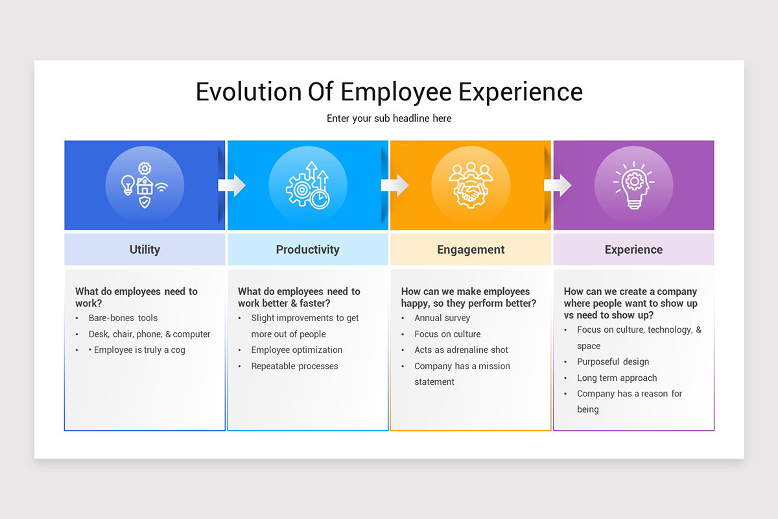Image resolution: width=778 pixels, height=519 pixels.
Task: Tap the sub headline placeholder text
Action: click(389, 118)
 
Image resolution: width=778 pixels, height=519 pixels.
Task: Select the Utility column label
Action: click(145, 250)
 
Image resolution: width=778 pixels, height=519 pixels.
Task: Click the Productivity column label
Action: click(308, 250)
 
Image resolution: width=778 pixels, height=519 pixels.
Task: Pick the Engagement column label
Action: click(471, 250)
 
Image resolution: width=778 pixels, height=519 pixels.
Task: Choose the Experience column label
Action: click(633, 250)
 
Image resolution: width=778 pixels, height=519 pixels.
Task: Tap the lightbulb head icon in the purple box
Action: click(633, 186)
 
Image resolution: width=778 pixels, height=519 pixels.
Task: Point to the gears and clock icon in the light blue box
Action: click(308, 186)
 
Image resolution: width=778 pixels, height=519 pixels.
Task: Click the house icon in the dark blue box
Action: click(145, 187)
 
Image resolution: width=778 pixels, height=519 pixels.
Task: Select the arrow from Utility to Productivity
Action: click(231, 186)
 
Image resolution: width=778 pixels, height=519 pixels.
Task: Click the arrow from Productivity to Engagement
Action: click(394, 186)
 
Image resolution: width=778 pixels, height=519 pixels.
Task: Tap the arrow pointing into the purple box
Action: click(558, 186)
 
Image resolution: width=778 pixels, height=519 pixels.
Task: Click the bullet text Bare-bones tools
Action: click(123, 318)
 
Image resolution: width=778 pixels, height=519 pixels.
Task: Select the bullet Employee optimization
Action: click(297, 350)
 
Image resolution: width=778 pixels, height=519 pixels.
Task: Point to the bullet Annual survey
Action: click(442, 318)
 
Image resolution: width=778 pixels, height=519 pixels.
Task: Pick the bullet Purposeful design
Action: click(613, 362)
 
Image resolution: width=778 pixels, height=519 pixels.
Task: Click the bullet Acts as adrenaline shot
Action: click(462, 350)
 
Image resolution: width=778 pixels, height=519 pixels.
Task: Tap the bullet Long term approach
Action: click(617, 378)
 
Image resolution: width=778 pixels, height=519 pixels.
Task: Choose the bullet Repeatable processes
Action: click(295, 366)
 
